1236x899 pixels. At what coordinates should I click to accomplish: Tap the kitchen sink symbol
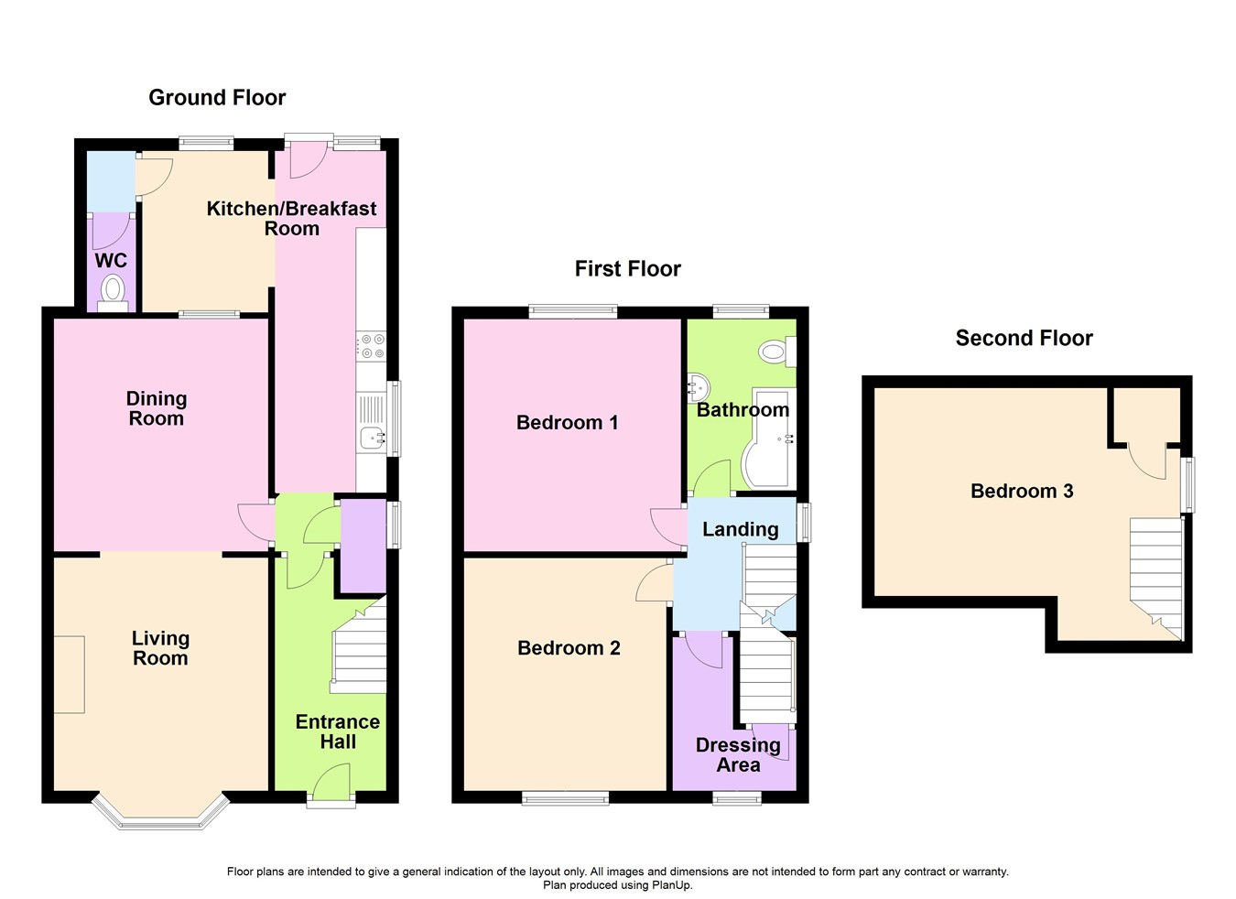(372, 439)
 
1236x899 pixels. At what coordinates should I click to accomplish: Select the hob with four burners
(373, 346)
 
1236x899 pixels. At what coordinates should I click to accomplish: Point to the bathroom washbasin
(698, 387)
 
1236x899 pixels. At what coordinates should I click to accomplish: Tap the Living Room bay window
(160, 814)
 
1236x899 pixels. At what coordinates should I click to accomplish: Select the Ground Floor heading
(217, 97)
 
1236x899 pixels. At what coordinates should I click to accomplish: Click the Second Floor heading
(1024, 338)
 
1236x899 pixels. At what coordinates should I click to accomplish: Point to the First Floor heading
(627, 268)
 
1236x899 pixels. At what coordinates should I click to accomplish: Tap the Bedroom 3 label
(1022, 491)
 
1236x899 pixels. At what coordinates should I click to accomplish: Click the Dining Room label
(157, 408)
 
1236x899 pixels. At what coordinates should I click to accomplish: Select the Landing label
(740, 528)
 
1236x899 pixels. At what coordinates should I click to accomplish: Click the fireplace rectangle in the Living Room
(69, 674)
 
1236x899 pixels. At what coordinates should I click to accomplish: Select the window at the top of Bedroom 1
(573, 311)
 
